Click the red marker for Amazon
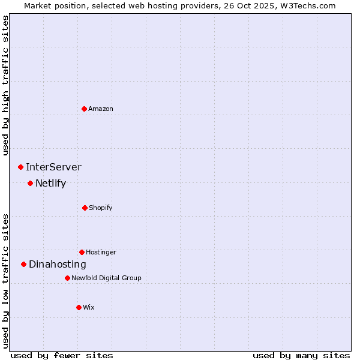84,109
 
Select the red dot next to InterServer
20,167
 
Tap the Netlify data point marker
30,183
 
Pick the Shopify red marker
85,208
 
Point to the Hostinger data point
82,252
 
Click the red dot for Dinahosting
23,264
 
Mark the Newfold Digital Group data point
67,278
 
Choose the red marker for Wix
79,307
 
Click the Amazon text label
101,109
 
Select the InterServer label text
53,167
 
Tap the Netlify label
50,183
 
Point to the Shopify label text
101,208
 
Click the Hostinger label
101,252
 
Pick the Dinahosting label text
58,264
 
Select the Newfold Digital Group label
106,278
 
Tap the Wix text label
89,307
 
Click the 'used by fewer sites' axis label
62,355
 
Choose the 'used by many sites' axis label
301,355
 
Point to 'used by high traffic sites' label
6,85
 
